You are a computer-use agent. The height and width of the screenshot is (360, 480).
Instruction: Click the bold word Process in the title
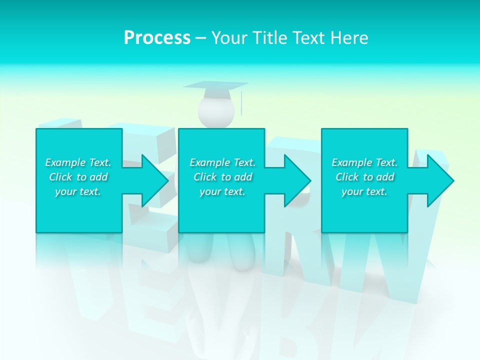(157, 38)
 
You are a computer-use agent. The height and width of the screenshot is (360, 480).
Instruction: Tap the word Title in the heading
(269, 38)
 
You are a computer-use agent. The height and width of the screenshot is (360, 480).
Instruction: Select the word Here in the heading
(349, 38)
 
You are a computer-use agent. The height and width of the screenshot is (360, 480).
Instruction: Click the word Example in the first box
(65, 162)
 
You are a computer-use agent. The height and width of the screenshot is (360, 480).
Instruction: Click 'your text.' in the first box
(78, 191)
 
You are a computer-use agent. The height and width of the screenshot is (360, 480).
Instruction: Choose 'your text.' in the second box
(222, 191)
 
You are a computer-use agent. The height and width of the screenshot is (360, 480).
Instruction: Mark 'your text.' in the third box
(364, 191)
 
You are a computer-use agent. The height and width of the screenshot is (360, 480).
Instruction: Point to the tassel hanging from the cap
(242, 102)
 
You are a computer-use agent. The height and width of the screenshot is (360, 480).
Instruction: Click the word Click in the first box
(60, 177)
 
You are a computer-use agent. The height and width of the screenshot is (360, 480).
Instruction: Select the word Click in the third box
(347, 177)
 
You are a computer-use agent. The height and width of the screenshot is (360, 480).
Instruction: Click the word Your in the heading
(229, 38)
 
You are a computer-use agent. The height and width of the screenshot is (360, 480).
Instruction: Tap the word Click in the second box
(205, 177)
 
